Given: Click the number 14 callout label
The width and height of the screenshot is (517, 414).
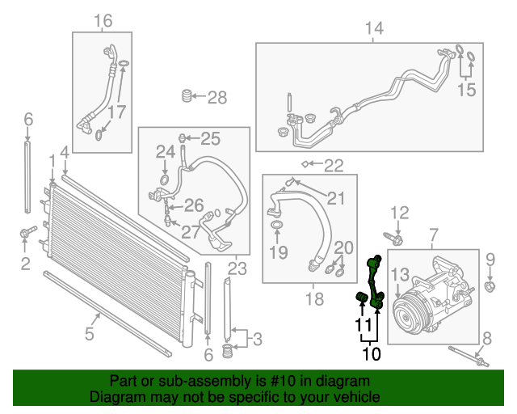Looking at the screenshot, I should click(373, 29).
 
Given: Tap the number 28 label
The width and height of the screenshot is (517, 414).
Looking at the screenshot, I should click(217, 98).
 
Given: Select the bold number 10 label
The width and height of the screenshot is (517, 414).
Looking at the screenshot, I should click(371, 353).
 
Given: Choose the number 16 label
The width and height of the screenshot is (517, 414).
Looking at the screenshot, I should click(103, 20).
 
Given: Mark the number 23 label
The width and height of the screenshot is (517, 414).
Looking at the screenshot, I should click(237, 268).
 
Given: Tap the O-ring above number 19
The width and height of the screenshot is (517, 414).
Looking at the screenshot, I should click(276, 223).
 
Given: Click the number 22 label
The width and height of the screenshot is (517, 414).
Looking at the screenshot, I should click(334, 167).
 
